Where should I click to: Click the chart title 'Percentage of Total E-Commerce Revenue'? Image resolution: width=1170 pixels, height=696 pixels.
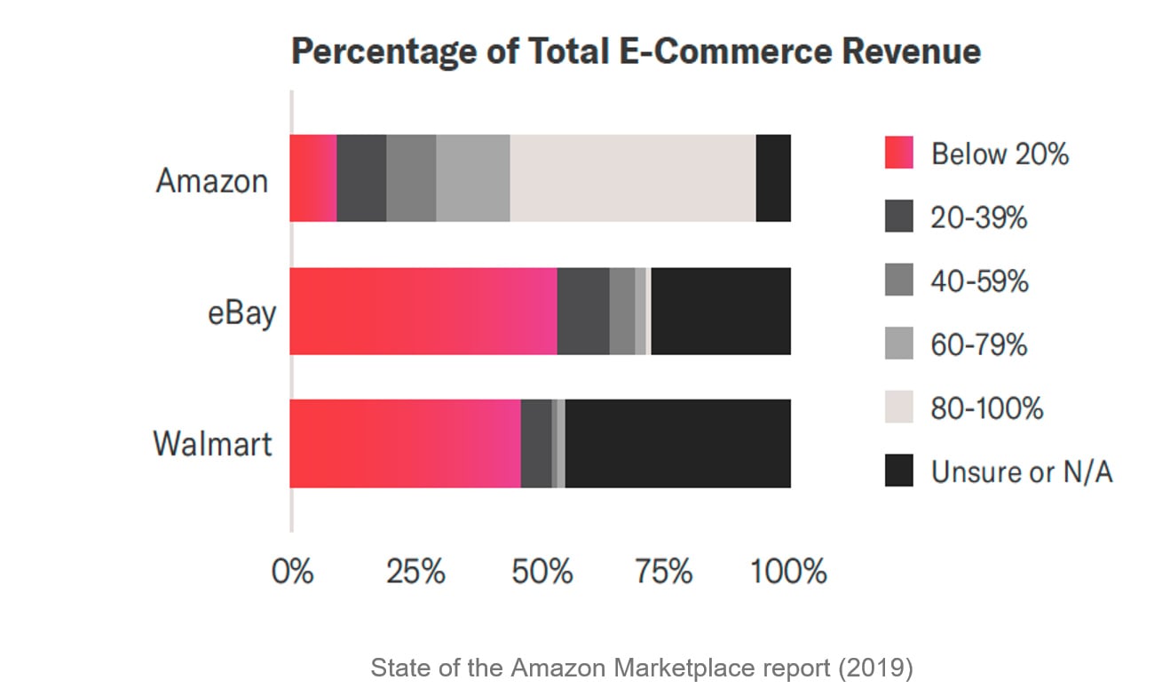pyautogui.click(x=636, y=52)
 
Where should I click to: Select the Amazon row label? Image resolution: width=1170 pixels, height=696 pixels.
pyautogui.click(x=212, y=180)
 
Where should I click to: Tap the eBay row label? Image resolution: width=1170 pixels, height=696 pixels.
pyautogui.click(x=241, y=313)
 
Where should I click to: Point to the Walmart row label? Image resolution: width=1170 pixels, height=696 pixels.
pyautogui.click(x=212, y=443)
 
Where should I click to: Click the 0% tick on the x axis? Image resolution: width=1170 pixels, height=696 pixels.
pyautogui.click(x=292, y=572)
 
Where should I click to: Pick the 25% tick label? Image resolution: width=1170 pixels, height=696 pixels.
pyautogui.click(x=415, y=572)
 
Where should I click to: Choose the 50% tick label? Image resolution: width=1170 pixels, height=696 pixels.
pyautogui.click(x=542, y=572)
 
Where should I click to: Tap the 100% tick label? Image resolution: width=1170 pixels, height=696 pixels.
pyautogui.click(x=788, y=572)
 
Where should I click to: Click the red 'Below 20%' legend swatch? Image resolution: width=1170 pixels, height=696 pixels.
pyautogui.click(x=898, y=154)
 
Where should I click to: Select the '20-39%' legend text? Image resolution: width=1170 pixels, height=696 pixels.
pyautogui.click(x=978, y=217)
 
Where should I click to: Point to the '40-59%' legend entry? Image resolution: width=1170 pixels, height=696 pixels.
pyautogui.click(x=979, y=281)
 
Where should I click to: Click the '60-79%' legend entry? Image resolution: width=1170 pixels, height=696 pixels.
pyautogui.click(x=978, y=344)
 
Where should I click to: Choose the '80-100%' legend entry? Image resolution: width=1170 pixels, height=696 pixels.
pyautogui.click(x=986, y=408)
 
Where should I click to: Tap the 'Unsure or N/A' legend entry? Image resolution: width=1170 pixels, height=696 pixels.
pyautogui.click(x=1021, y=471)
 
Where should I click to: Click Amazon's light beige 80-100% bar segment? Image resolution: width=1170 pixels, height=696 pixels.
pyautogui.click(x=632, y=178)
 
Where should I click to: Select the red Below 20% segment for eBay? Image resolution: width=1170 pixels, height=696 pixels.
pyautogui.click(x=423, y=312)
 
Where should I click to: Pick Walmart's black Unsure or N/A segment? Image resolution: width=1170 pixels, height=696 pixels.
pyautogui.click(x=677, y=443)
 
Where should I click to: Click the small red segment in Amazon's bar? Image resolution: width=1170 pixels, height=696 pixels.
pyautogui.click(x=313, y=178)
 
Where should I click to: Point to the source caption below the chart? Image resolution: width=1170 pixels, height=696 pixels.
pyautogui.click(x=641, y=668)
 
